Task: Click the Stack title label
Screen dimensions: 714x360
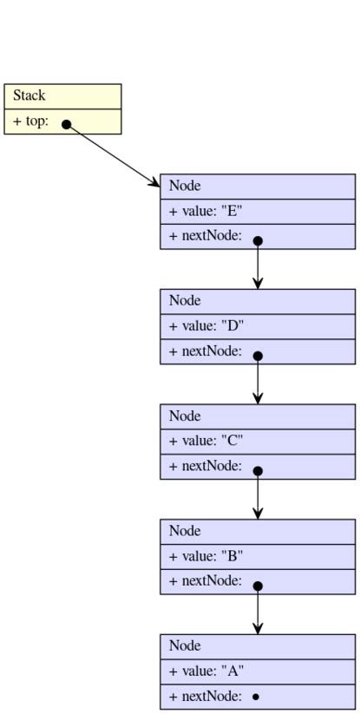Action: click(29, 95)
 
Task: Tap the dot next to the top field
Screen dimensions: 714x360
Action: click(67, 124)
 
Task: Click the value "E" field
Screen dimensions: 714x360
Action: click(206, 211)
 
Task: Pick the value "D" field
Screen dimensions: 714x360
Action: click(206, 326)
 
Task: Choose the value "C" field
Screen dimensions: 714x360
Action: click(206, 441)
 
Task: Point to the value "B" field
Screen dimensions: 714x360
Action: click(206, 556)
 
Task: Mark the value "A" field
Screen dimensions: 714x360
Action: click(206, 671)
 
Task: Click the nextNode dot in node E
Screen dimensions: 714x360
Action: click(258, 240)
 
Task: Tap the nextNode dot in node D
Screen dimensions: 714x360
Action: click(258, 356)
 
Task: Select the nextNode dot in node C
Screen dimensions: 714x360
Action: click(258, 471)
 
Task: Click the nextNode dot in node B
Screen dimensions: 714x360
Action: click(258, 586)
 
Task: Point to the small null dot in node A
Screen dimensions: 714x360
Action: click(256, 697)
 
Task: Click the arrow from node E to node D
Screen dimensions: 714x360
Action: click(258, 265)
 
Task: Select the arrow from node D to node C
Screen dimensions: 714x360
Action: click(258, 381)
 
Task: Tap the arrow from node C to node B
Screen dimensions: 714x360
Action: click(258, 496)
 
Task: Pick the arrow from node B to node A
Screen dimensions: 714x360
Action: click(258, 611)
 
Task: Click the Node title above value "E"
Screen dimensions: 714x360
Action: click(185, 186)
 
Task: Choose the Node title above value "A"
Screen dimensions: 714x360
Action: click(185, 646)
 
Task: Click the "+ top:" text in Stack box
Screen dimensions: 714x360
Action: click(30, 121)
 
